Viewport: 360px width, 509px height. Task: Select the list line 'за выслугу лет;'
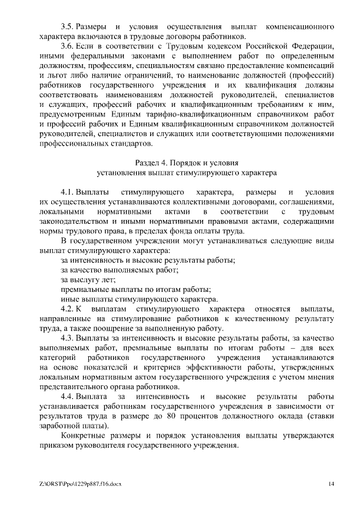88,280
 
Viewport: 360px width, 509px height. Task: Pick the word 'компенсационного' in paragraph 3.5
300,27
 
